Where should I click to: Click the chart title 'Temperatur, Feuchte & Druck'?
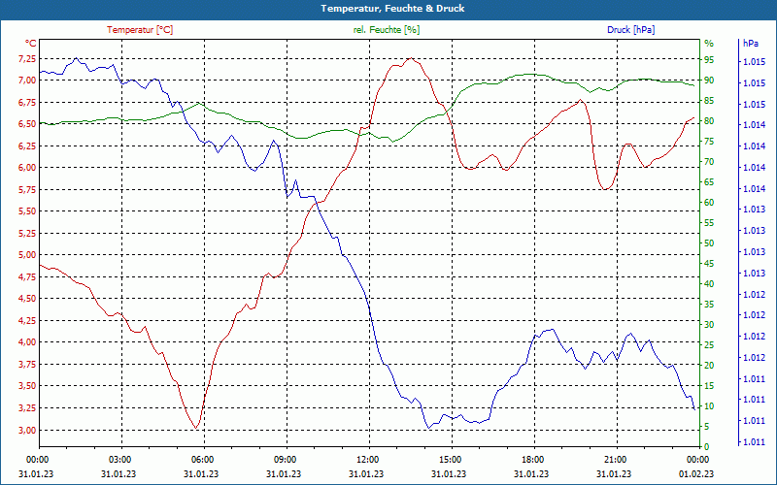pyautogui.click(x=388, y=9)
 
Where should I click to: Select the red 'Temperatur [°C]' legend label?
pyautogui.click(x=140, y=30)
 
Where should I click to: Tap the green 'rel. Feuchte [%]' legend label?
pyautogui.click(x=387, y=30)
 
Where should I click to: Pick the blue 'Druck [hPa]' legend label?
pyautogui.click(x=630, y=30)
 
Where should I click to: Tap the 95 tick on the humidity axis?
pyautogui.click(x=709, y=59)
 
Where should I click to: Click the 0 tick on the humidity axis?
pyautogui.click(x=706, y=446)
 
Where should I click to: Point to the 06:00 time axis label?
pyautogui.click(x=202, y=459)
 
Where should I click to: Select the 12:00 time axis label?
pyautogui.click(x=367, y=459)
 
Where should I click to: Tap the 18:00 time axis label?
pyautogui.click(x=532, y=459)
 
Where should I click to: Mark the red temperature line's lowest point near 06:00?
pyautogui.click(x=196, y=428)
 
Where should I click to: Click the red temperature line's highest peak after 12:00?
pyautogui.click(x=411, y=59)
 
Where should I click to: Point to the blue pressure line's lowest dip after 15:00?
pyautogui.click(x=427, y=428)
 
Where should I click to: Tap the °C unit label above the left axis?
pyautogui.click(x=30, y=44)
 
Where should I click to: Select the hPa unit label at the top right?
pyautogui.click(x=750, y=44)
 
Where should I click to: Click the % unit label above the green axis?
pyautogui.click(x=708, y=44)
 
